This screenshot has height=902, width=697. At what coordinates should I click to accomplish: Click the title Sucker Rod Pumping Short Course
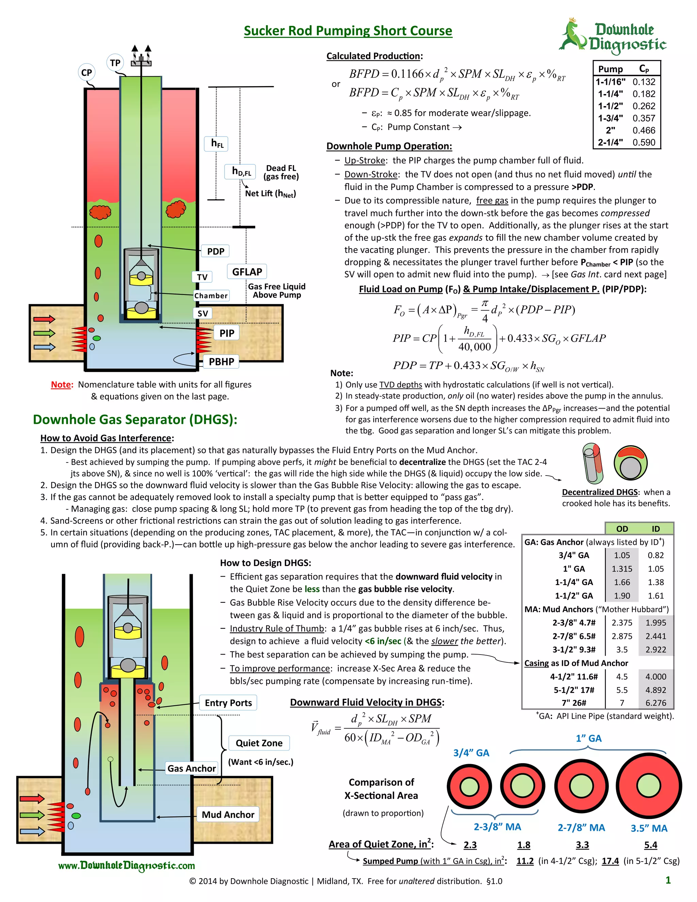tap(348, 31)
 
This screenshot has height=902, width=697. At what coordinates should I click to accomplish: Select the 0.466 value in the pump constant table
tap(643, 130)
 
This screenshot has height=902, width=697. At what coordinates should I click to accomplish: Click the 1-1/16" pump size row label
tap(610, 82)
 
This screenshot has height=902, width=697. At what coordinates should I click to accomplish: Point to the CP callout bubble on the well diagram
tap(86, 73)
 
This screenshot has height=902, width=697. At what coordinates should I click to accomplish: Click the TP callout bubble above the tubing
tap(115, 63)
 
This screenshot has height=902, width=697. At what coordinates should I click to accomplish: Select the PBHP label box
tap(221, 362)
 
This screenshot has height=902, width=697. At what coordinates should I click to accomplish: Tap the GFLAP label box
tap(247, 272)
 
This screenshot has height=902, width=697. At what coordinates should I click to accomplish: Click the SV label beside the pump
tap(202, 313)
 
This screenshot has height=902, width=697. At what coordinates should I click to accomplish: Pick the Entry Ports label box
tap(228, 703)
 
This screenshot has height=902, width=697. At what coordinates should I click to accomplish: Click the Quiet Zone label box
tap(259, 743)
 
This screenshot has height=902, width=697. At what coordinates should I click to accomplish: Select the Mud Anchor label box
tap(228, 815)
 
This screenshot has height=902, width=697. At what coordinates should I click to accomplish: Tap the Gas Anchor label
tap(192, 768)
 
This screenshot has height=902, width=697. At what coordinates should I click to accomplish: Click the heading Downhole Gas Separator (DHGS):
tap(135, 420)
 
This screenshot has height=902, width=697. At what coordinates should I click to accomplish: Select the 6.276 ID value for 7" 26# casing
tap(656, 703)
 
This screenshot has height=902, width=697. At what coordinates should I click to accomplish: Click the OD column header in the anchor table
tap(622, 529)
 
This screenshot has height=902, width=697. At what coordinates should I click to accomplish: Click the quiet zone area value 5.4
tap(650, 845)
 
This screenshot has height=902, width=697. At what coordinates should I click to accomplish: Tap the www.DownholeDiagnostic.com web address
tap(126, 866)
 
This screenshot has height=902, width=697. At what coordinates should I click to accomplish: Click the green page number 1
tap(668, 880)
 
